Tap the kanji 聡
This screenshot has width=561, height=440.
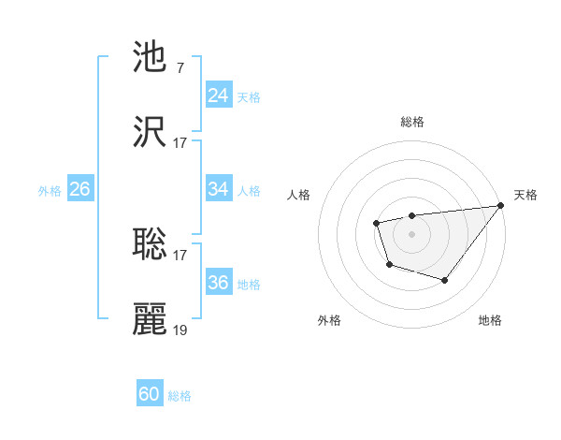[150, 244]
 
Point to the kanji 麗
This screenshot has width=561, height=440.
[150, 319]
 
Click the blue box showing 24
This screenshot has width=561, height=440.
[218, 95]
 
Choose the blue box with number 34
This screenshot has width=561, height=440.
[218, 189]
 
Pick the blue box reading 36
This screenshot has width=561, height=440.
[218, 283]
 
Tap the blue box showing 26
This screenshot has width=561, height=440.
[79, 189]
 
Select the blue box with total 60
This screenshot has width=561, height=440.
[150, 394]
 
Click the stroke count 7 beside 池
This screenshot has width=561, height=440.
[180, 68]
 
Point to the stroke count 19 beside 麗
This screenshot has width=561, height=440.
[180, 330]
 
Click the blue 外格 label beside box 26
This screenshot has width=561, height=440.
[50, 190]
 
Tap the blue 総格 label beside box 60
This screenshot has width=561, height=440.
[180, 396]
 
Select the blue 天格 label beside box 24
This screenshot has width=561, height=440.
[249, 97]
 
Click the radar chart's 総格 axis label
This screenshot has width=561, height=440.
[411, 122]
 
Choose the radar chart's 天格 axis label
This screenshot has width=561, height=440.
[525, 195]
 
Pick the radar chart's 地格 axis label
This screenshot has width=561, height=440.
[490, 320]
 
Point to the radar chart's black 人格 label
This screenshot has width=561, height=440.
[299, 195]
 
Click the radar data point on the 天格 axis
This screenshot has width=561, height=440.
[500, 205]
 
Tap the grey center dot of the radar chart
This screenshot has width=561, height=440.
[411, 232]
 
